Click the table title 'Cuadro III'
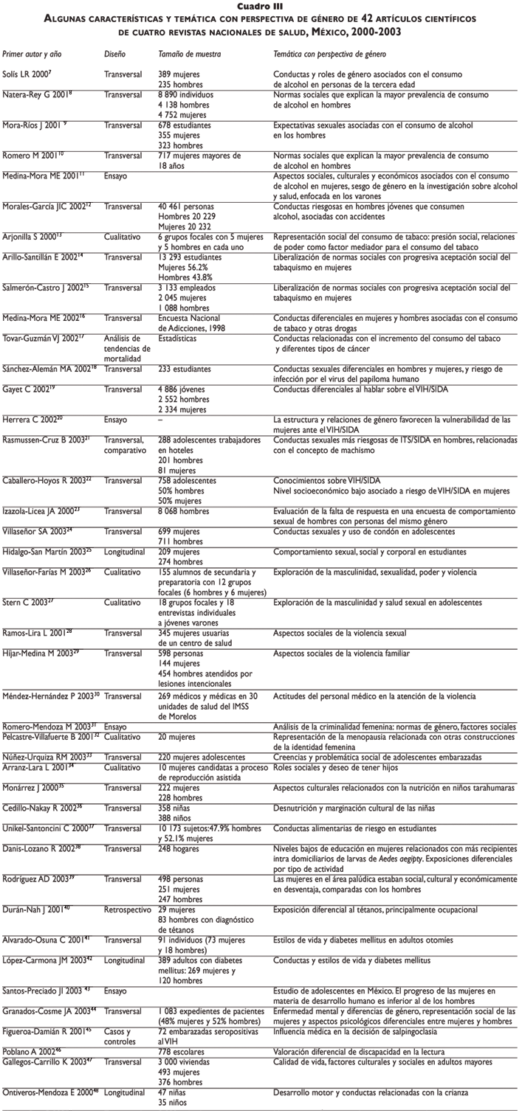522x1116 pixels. [x=261, y=7]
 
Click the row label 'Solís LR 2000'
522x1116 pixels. [x=27, y=75]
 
